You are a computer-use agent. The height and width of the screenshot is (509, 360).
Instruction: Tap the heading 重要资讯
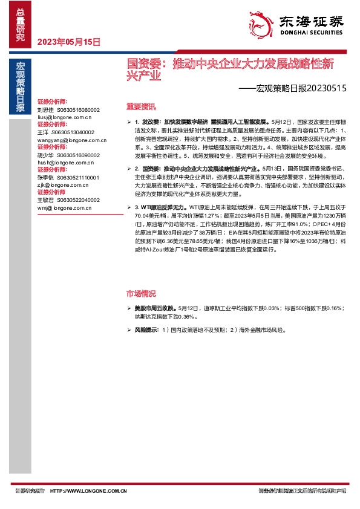click(x=141, y=105)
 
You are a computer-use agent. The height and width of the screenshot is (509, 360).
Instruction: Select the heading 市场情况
click(x=141, y=294)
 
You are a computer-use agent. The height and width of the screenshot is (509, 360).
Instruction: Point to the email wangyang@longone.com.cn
click(x=67, y=138)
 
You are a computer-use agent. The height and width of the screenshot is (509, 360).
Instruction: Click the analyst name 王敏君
click(x=45, y=200)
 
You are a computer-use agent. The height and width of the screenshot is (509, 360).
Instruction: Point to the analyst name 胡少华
click(x=45, y=154)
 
